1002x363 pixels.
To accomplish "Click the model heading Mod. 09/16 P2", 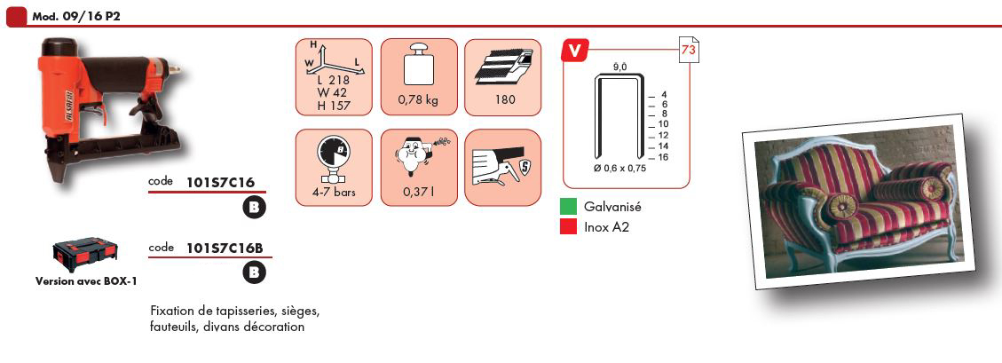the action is (76, 17).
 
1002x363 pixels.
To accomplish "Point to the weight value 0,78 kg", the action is (419, 100).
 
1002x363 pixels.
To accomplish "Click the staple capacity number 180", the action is (502, 100).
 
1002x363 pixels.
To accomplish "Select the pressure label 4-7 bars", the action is (334, 191).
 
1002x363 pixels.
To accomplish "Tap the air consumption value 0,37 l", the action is (419, 192).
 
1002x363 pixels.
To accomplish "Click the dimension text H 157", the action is (334, 106).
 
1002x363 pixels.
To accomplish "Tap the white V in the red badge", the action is (574, 51).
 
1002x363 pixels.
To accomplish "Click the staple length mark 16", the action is (663, 157).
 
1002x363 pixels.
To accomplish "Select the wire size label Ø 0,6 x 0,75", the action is (620, 169).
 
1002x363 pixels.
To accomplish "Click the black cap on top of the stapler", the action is (59, 47).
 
